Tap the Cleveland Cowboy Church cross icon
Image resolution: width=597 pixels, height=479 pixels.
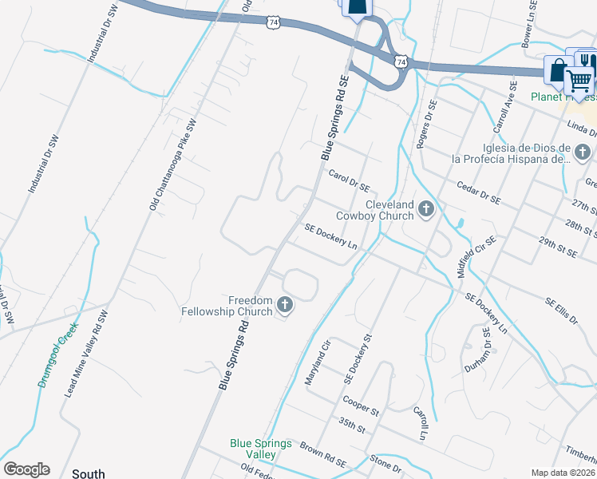click(x=426, y=210)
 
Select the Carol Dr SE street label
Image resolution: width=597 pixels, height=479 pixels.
click(x=349, y=180)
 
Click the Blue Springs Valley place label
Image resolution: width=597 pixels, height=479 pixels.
click(x=261, y=449)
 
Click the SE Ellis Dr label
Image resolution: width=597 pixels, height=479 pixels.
click(x=561, y=312)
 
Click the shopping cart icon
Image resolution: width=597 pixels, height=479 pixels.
click(x=579, y=81)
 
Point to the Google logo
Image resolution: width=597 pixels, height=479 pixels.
click(x=26, y=469)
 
